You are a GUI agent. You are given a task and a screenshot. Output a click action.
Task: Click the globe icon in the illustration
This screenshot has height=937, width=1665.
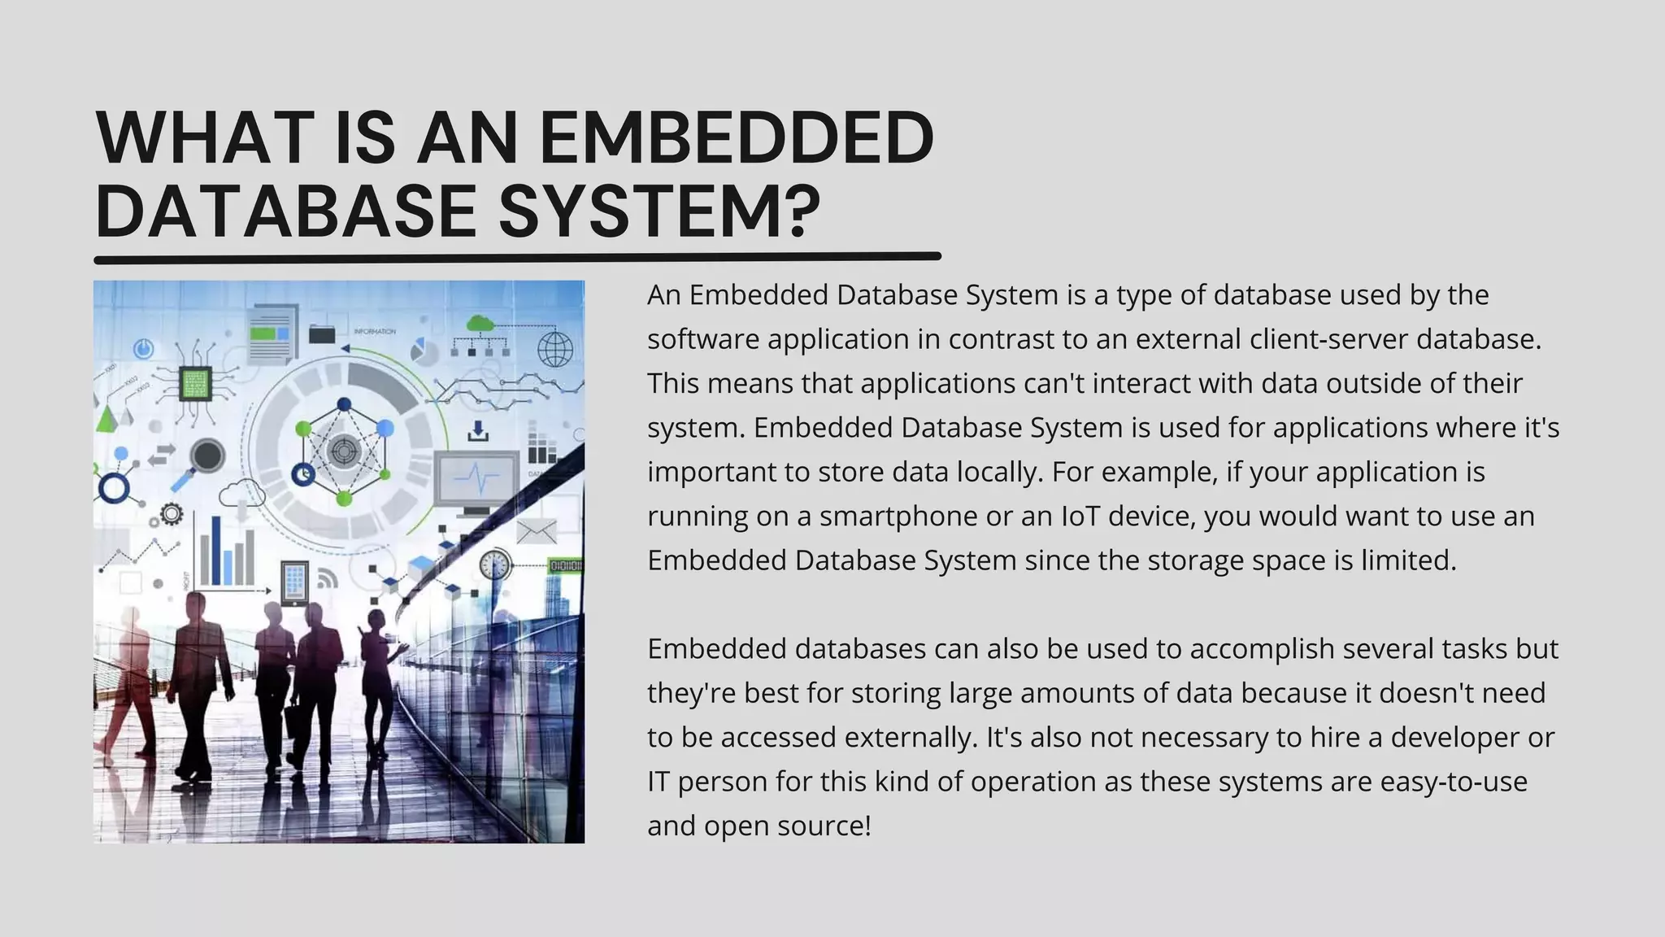pos(555,349)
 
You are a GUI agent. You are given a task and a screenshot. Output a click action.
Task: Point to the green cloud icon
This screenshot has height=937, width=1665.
pos(481,323)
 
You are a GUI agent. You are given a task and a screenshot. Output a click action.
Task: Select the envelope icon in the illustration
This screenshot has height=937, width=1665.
pos(537,532)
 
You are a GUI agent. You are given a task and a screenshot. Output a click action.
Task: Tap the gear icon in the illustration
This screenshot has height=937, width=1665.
pos(172,514)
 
